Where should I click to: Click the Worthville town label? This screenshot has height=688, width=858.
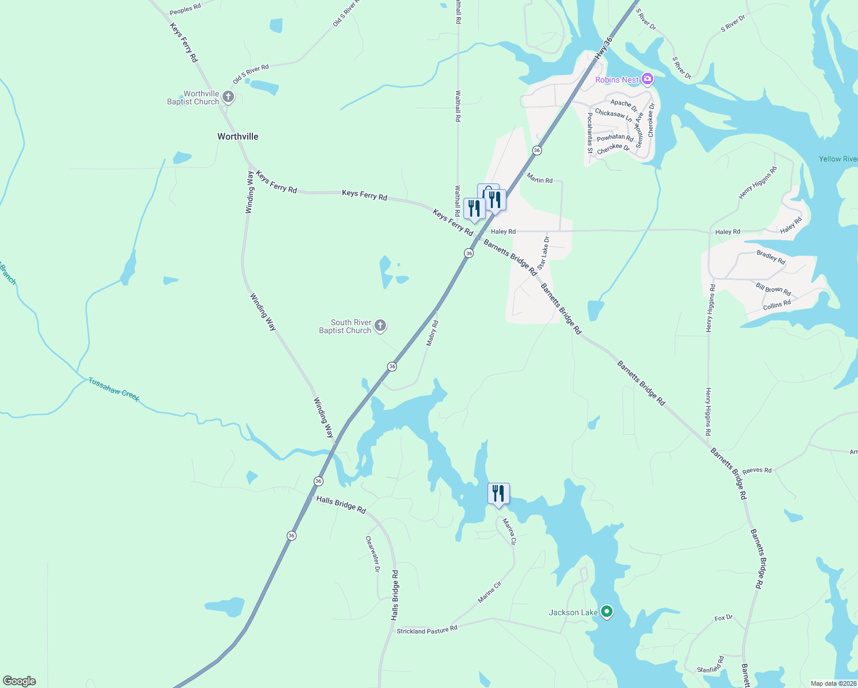coord(237,136)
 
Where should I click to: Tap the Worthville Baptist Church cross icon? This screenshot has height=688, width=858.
coord(228,97)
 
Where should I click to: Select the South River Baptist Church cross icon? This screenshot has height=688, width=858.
coord(380,326)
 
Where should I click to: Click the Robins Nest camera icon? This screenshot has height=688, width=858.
coord(648,79)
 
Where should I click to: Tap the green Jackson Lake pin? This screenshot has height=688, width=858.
coord(606,612)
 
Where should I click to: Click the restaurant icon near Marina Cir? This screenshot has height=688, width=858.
coord(498,494)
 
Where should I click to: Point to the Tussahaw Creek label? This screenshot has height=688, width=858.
coord(114,389)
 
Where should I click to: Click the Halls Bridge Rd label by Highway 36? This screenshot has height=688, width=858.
coord(341,505)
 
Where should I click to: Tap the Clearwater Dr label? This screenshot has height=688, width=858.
coord(372,554)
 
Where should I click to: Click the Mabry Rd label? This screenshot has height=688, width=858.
coord(432,333)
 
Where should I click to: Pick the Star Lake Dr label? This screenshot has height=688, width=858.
coord(543,253)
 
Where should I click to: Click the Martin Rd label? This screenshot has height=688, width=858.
coord(540,180)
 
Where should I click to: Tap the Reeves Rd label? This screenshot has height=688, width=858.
coord(756,470)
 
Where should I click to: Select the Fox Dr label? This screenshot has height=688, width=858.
coord(723,618)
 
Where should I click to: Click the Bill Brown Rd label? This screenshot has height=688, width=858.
coord(773,289)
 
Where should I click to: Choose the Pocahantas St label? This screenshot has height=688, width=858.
coord(590,133)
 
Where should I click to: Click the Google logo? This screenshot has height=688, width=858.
coord(19,681)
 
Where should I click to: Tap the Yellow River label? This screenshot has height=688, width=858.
coord(838,159)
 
